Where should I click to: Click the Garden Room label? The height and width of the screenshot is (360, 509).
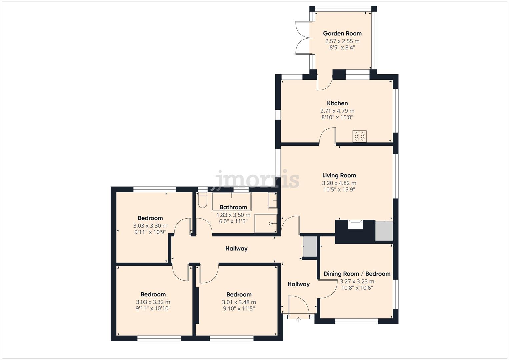point(342,33)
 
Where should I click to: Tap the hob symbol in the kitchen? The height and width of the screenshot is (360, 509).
point(359,136)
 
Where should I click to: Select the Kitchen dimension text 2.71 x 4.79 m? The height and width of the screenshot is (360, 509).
point(337,111)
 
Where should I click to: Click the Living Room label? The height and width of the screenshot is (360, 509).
point(339,175)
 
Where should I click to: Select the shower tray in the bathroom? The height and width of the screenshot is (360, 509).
point(266,223)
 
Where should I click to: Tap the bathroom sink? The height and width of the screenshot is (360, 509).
point(273,201)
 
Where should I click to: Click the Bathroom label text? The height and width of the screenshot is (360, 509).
point(233,207)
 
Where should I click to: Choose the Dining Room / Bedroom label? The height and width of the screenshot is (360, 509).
point(357,274)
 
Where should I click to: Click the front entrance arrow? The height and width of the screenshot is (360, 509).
point(299,320)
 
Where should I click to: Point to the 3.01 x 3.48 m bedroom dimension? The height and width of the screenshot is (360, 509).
point(239,302)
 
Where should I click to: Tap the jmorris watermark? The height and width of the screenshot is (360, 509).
point(257,179)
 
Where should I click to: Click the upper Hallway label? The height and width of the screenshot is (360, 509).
point(236,248)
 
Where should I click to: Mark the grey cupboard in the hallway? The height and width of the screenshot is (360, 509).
point(310,246)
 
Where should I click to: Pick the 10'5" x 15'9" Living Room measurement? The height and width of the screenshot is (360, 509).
point(339,189)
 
